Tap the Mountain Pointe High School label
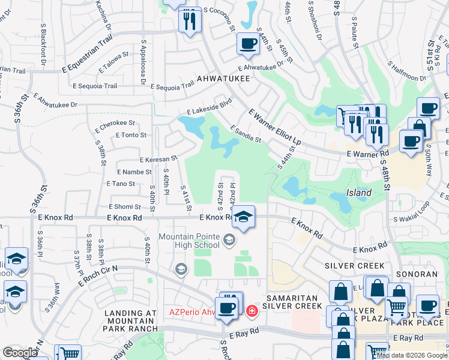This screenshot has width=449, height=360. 189,241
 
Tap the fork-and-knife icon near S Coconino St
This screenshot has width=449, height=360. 190,22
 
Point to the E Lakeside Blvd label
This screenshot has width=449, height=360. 209,107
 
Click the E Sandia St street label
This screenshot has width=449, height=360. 246,134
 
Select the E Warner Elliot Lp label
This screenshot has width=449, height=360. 274,124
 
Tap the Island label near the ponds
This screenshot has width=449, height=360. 358,193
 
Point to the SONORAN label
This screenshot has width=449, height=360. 416,274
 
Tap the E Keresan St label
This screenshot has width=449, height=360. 158,160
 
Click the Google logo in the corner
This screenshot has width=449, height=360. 20,353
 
